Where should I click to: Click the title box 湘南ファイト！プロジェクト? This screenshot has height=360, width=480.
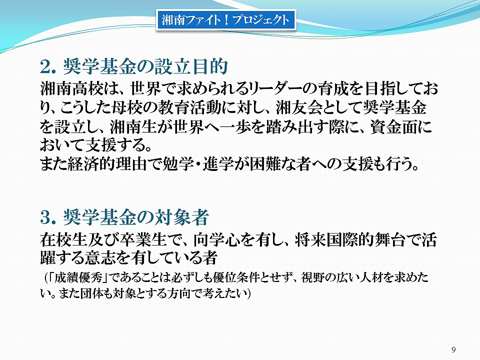click(x=226, y=20)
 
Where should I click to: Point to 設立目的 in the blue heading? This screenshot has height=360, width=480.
click(x=191, y=66)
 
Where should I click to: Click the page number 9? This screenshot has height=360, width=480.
click(x=453, y=349)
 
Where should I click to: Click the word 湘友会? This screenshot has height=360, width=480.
click(x=299, y=107)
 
